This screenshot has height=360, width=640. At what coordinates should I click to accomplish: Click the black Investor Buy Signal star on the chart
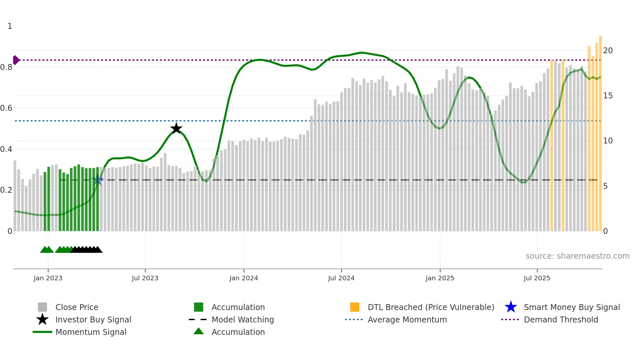pos(176,128)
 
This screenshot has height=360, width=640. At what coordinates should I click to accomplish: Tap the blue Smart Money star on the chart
pos(98,180)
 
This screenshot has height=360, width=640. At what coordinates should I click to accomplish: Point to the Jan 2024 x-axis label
pos(244,278)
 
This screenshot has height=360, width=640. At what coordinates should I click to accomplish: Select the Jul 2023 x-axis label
pos(145,278)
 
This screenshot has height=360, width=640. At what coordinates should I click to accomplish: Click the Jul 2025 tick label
pos(537,278)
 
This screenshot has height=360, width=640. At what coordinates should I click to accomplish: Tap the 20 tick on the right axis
pos(608,51)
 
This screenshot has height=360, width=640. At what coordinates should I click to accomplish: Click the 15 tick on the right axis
pos(608,96)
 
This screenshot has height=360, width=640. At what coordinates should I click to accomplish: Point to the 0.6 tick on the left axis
pos(7,108)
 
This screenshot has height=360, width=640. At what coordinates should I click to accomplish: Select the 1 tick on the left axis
pos(10,26)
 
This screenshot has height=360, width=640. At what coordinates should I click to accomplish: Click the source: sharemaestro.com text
pos(577,256)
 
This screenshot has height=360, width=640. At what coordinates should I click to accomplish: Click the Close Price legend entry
pos(77,307)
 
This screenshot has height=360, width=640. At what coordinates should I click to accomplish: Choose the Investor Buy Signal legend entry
pos(93,320)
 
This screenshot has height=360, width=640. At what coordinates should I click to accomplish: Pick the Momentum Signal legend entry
pos(91,332)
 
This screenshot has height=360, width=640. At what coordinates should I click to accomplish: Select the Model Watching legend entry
pos(243,320)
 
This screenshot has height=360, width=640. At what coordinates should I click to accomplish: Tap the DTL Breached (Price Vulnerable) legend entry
pos(431,307)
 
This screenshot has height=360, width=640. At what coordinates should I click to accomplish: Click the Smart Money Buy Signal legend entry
pos(571,307)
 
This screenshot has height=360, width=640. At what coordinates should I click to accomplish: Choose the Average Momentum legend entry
pos(407,320)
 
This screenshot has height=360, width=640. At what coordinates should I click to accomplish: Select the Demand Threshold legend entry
pos(561,320)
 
